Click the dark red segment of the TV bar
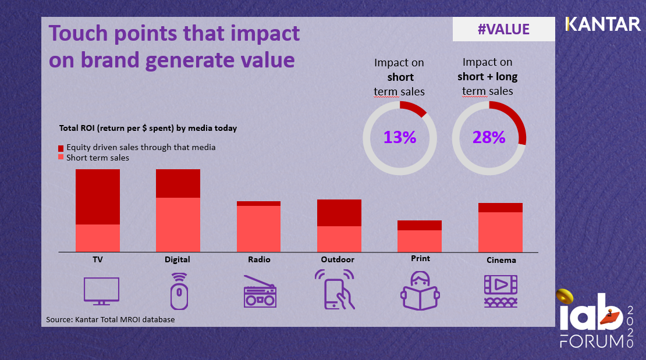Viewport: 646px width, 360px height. (98, 197)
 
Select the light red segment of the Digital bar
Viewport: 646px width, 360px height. (178, 224)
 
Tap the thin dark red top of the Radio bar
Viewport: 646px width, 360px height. (258, 204)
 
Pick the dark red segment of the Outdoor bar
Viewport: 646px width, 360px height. (339, 213)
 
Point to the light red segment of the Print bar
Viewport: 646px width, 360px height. (419, 241)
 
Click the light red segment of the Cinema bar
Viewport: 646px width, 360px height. (500, 231)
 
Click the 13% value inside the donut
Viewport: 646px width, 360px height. (399, 138)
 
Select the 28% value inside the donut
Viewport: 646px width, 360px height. (489, 138)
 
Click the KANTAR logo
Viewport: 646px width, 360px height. (602, 24)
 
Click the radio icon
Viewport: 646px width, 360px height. (259, 291)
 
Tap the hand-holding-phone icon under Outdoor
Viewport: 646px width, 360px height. (335, 289)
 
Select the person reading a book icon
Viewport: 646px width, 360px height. (419, 290)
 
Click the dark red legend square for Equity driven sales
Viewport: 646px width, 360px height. (62, 148)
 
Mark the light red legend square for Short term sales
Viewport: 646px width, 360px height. (62, 158)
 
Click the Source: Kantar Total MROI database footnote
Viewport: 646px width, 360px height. (110, 319)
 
